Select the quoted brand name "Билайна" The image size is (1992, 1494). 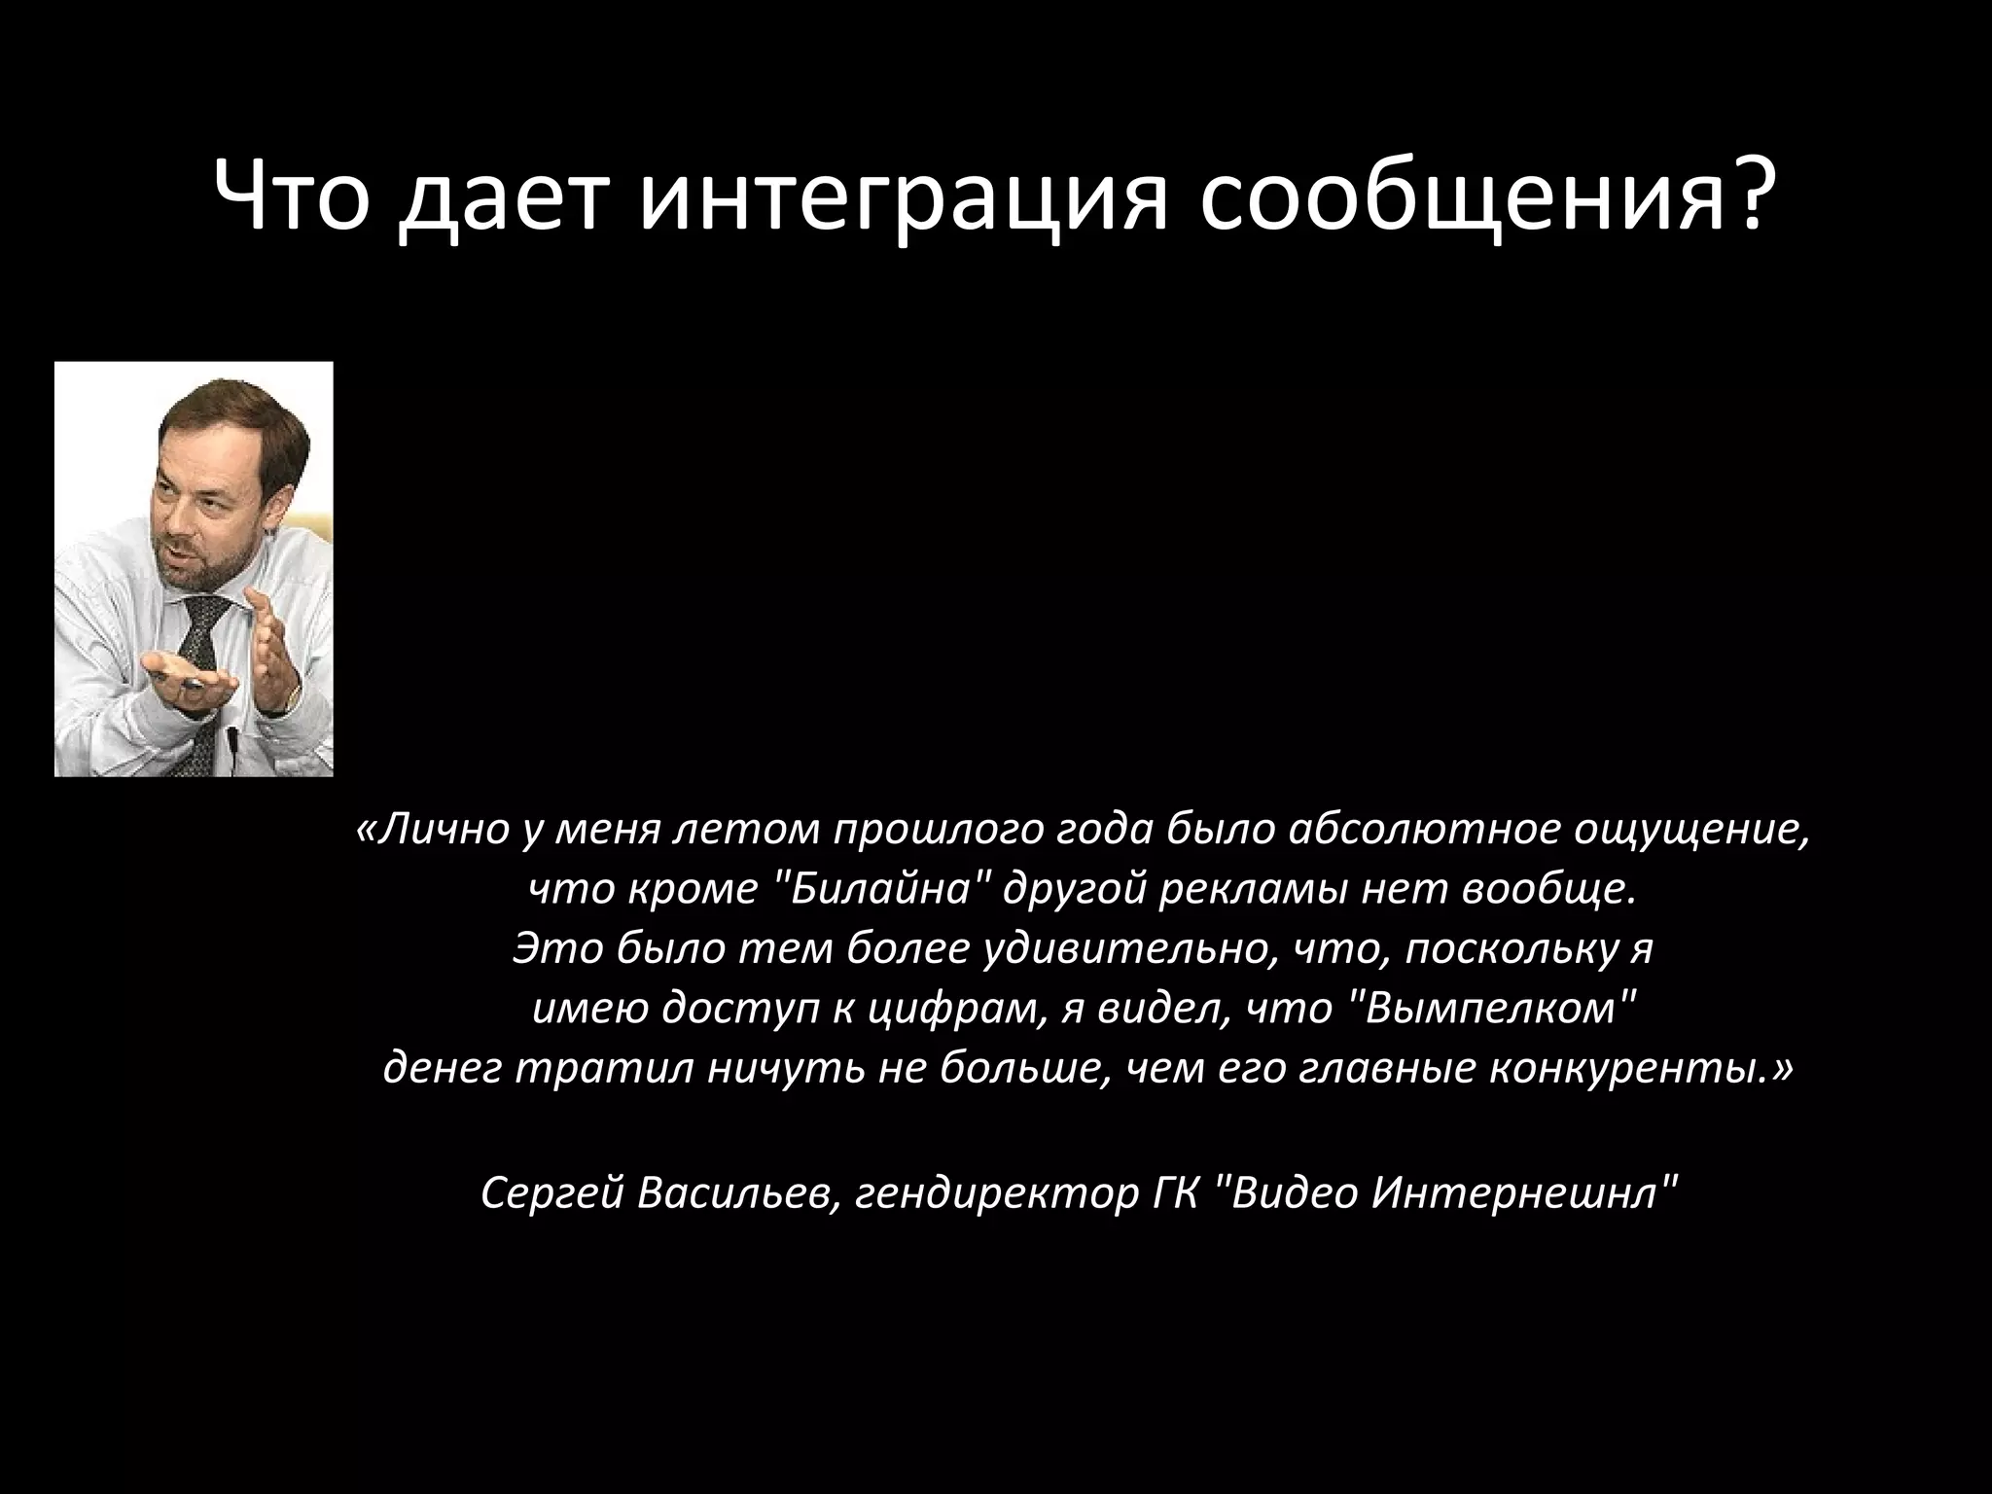[x=881, y=889]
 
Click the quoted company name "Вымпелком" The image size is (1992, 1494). [x=1494, y=1010]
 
